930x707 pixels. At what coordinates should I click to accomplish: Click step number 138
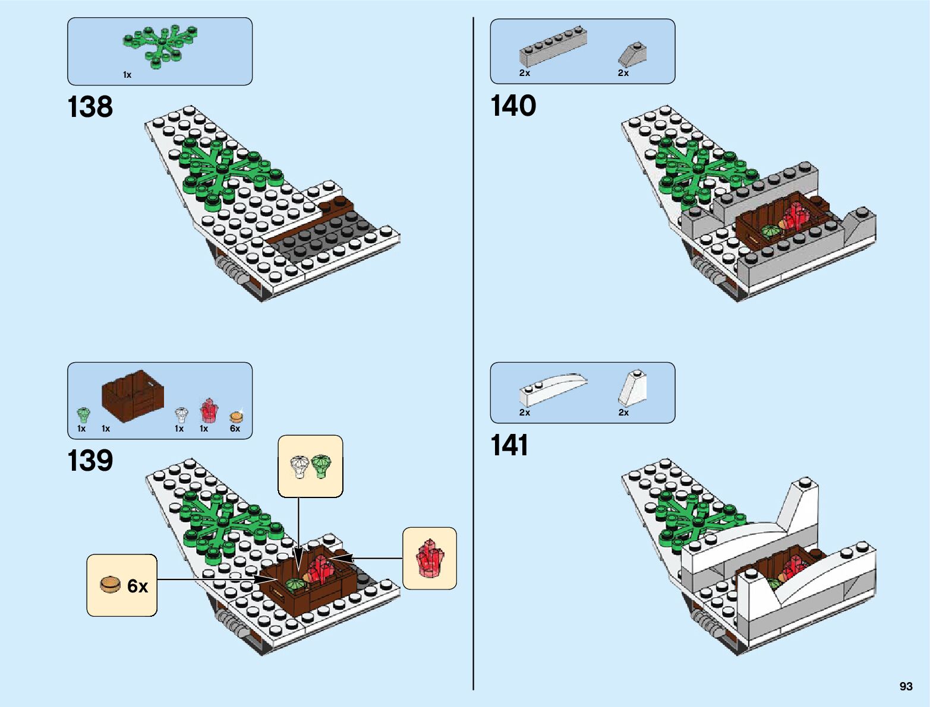click(90, 107)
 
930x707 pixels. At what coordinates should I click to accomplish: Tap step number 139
click(90, 461)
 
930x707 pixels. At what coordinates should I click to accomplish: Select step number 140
click(513, 106)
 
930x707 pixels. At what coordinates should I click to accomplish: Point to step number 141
click(509, 445)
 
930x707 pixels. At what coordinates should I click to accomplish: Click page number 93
click(906, 686)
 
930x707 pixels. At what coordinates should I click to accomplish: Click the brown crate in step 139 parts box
click(133, 394)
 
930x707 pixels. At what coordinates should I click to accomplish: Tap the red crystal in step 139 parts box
click(209, 410)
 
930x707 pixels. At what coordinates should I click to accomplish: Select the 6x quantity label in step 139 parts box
click(235, 429)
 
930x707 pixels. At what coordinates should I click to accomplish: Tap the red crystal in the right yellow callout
click(430, 558)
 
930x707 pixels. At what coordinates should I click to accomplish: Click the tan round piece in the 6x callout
click(110, 585)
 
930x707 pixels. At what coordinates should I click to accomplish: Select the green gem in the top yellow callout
click(321, 465)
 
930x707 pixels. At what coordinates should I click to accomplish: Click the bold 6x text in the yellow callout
click(137, 586)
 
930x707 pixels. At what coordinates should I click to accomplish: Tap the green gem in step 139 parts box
click(83, 414)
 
